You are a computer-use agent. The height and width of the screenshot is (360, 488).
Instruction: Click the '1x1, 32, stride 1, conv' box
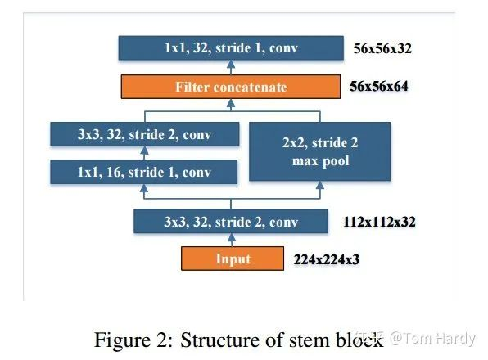tap(231, 48)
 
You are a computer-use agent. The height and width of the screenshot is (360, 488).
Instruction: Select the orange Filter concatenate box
tap(231, 87)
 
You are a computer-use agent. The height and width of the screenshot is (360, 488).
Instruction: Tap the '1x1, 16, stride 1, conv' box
tap(144, 172)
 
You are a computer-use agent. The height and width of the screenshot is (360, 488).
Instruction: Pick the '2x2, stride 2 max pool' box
tap(320, 151)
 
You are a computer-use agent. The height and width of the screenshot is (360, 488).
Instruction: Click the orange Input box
tap(233, 259)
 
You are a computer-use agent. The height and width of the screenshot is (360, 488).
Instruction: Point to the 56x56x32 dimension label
tap(382, 48)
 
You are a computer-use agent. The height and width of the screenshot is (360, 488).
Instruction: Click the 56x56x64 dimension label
tap(379, 87)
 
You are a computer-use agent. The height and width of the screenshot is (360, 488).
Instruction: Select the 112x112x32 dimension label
tap(379, 222)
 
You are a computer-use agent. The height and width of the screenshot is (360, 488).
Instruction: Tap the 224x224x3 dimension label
tap(327, 259)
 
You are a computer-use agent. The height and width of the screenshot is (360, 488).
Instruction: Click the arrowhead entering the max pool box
tap(320, 185)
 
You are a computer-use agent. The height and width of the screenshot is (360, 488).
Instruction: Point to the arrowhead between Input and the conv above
tap(231, 237)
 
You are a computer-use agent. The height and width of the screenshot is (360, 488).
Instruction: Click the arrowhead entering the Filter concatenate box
tap(231, 103)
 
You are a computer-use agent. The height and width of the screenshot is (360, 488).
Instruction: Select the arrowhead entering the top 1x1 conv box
tap(231, 65)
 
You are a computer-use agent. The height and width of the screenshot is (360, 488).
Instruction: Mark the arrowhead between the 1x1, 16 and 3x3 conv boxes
tap(144, 151)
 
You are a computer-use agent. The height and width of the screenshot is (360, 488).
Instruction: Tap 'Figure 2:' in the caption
tap(133, 340)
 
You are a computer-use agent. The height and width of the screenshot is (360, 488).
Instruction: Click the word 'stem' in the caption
tap(309, 340)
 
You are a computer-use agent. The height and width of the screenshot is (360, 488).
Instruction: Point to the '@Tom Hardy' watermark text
tap(432, 338)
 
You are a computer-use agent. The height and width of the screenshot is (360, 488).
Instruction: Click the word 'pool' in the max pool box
tap(337, 161)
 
